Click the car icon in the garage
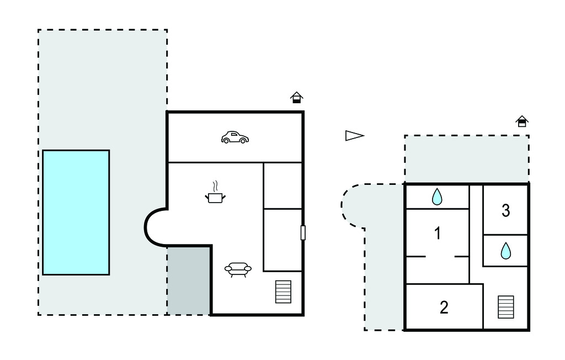tap(234, 137)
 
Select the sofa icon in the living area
tap(238, 269)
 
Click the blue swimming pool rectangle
tap(76, 212)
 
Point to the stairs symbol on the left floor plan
tap(283, 292)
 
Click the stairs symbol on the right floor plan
tap(506, 307)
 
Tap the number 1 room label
tap(438, 234)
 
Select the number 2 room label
tap(444, 308)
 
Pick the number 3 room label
tap(505, 210)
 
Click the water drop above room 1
tap(437, 197)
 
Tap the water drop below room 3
tap(505, 251)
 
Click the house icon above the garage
tap(297, 98)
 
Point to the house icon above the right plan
tap(521, 121)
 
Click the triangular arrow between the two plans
tap(354, 136)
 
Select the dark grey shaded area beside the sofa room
tap(189, 280)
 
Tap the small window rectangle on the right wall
tap(303, 232)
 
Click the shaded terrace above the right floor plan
tap(466, 159)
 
